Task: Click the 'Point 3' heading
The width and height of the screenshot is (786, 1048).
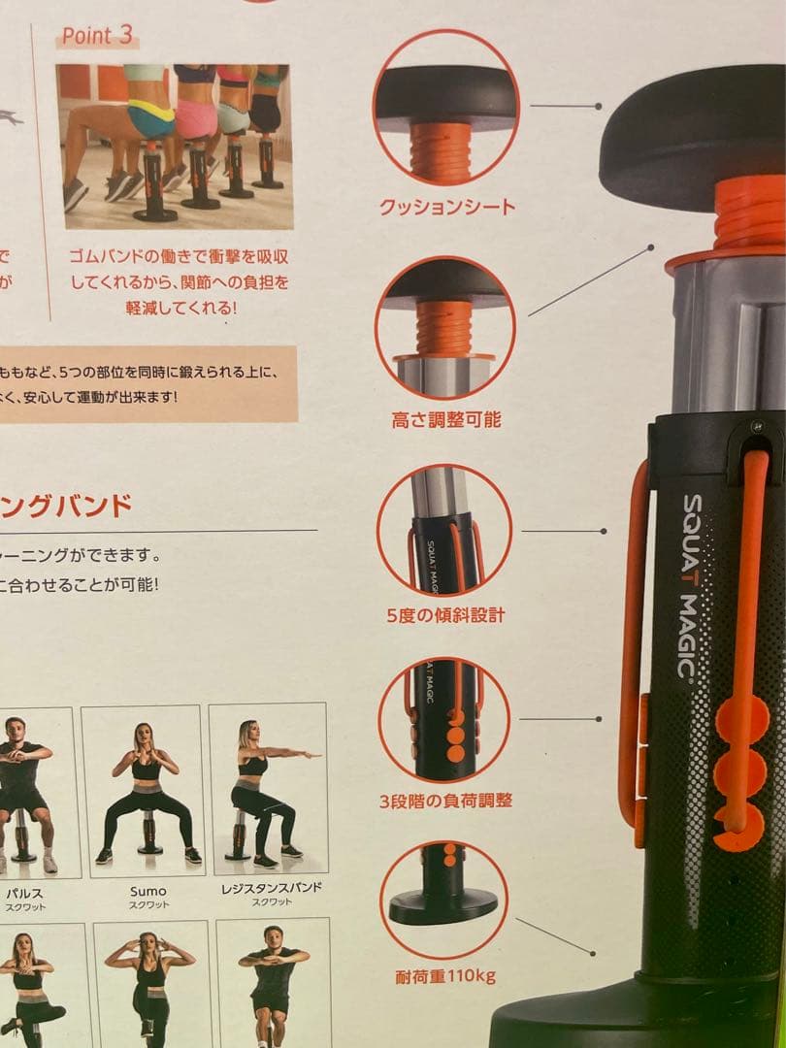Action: click(98, 36)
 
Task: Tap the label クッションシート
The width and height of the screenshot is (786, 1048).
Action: click(446, 207)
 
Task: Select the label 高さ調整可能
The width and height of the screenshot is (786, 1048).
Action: click(446, 420)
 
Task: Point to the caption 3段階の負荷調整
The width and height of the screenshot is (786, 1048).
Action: click(445, 801)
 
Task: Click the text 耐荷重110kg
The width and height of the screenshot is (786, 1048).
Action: click(445, 975)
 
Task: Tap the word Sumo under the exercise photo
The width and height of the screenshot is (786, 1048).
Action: click(147, 891)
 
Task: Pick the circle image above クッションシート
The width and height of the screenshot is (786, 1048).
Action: click(446, 108)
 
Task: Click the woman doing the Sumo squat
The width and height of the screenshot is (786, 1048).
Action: click(146, 791)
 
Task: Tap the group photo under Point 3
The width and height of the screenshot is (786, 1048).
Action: click(174, 146)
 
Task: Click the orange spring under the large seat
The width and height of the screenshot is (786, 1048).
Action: click(749, 213)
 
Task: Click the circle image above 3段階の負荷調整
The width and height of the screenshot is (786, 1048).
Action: click(444, 719)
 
